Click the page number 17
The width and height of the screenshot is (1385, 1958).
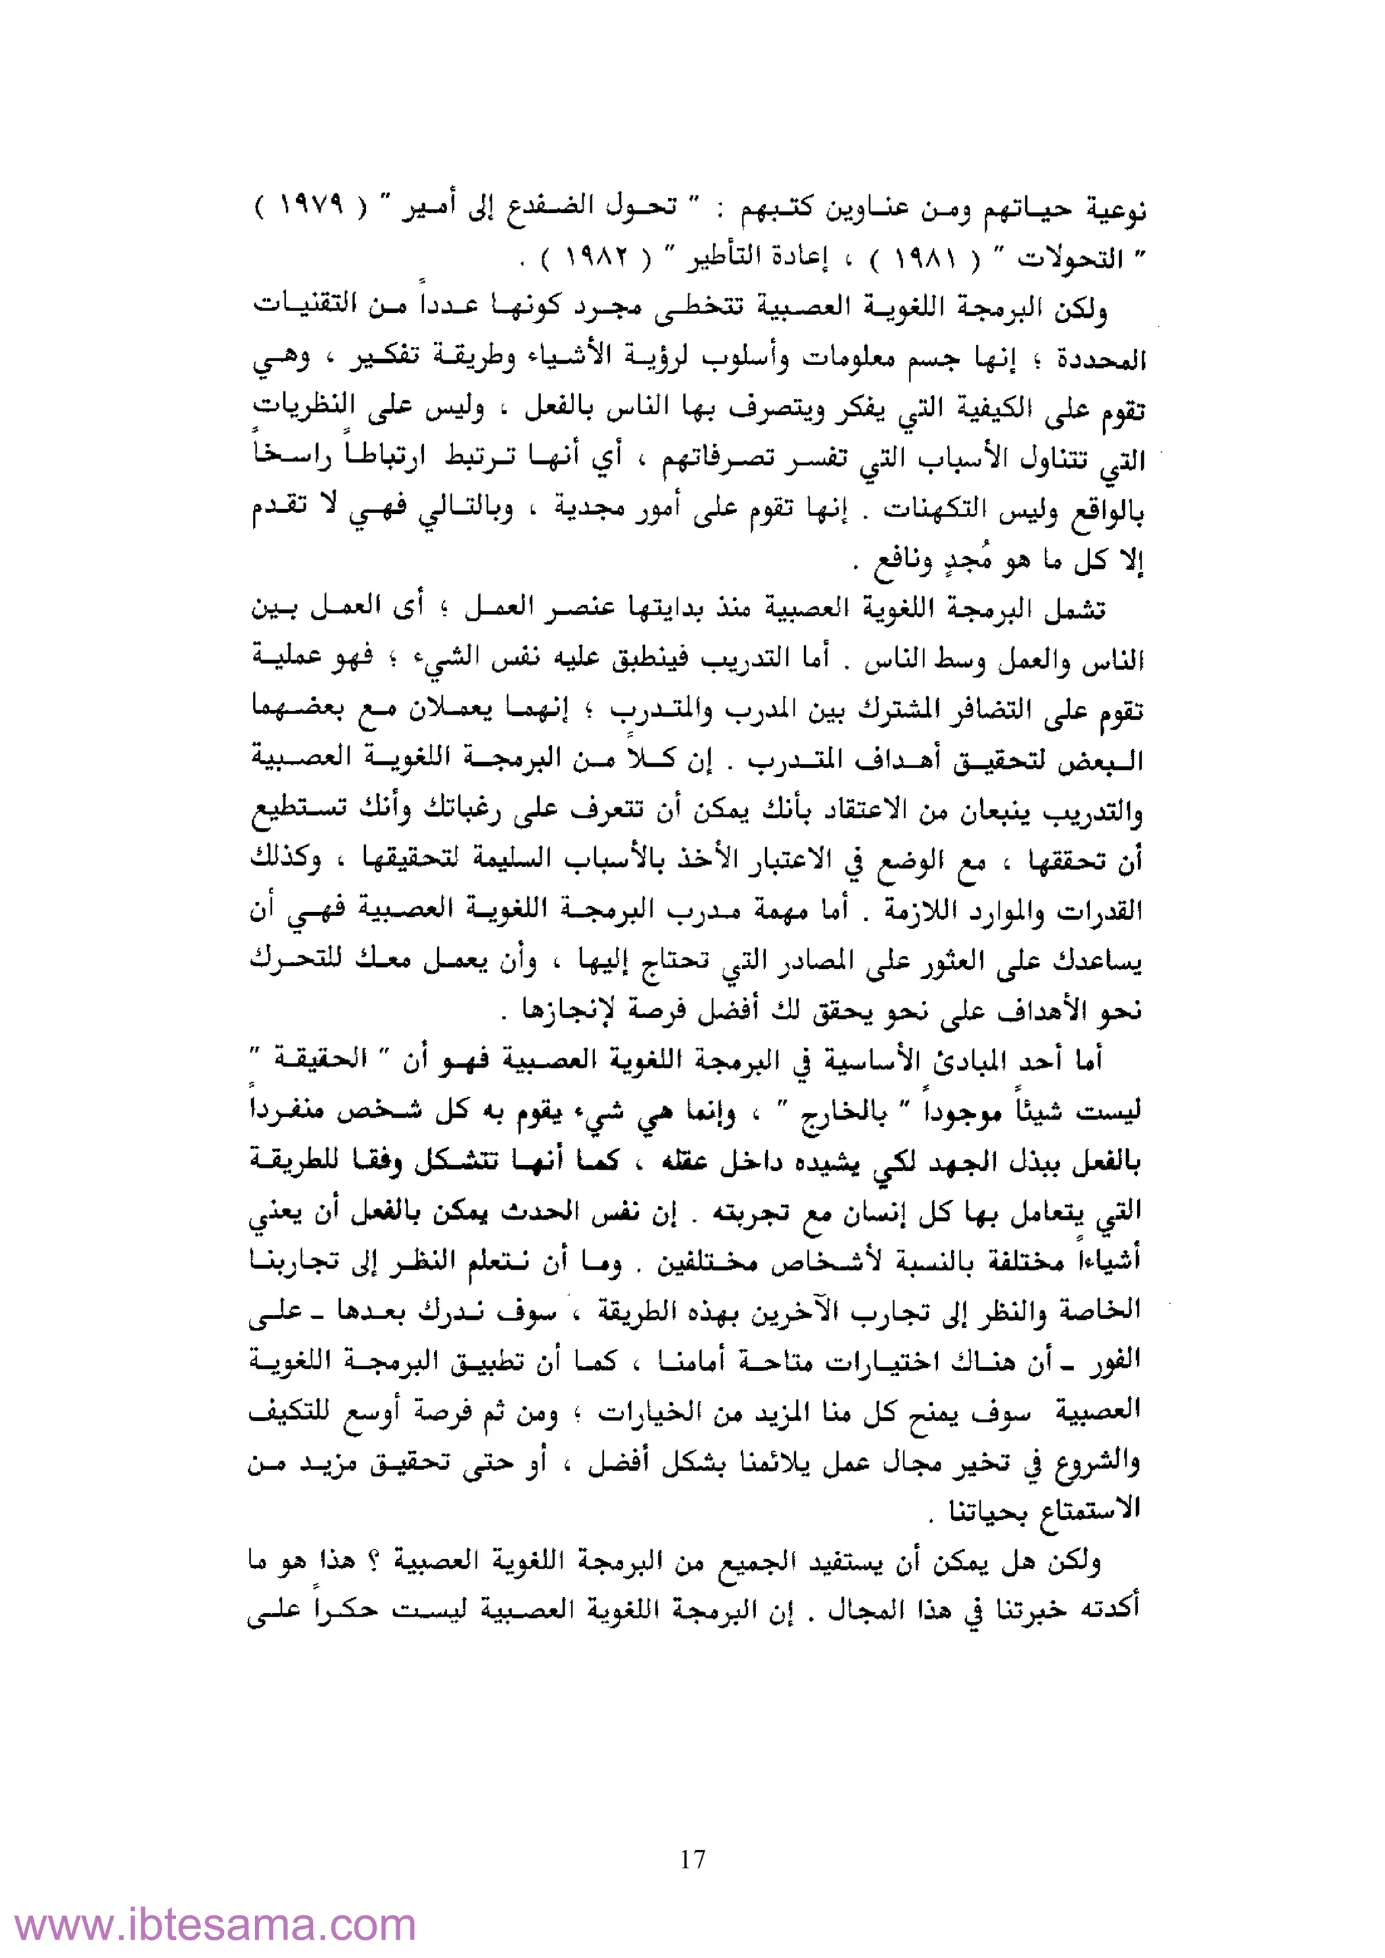click(692, 1858)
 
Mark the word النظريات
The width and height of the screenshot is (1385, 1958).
click(304, 407)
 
